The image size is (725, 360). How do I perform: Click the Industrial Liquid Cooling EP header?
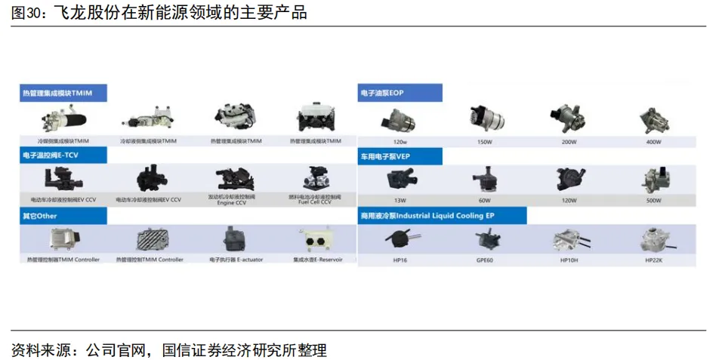(442, 216)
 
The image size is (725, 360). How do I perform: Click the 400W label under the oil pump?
(653, 142)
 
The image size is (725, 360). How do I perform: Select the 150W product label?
(484, 142)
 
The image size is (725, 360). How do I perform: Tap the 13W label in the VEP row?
(400, 201)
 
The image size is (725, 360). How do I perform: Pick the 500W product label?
(653, 201)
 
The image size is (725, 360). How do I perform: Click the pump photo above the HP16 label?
(400, 240)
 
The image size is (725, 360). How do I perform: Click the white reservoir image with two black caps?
(316, 240)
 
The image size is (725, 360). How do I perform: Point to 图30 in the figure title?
(26, 13)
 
